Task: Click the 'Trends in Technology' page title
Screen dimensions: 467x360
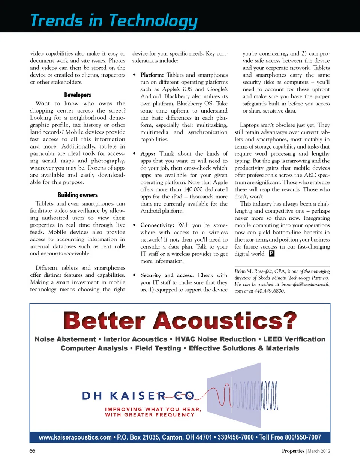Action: click(114, 21)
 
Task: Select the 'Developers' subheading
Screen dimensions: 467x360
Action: click(78, 95)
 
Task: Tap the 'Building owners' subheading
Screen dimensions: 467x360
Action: click(78, 195)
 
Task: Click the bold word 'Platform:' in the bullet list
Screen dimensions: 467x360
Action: click(152, 75)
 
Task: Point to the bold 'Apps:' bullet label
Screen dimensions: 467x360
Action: click(148, 154)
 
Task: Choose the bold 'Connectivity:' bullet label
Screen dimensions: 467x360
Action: click(157, 225)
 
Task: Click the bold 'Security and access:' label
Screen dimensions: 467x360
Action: click(167, 275)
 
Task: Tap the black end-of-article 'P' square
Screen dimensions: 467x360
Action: click(271, 254)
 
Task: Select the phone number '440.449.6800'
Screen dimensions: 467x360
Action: click(269, 291)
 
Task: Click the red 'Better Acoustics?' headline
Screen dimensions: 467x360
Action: click(180, 321)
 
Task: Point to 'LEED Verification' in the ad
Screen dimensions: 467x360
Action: click(294, 339)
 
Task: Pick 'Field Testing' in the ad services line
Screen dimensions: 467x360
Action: click(158, 348)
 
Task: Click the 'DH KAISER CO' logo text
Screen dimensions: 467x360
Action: click(138, 396)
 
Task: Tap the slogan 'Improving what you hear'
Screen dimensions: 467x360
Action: click(153, 409)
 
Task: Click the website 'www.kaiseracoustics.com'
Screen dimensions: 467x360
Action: click(75, 437)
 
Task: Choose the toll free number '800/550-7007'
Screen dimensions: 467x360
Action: click(303, 437)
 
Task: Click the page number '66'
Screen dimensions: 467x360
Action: click(32, 451)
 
